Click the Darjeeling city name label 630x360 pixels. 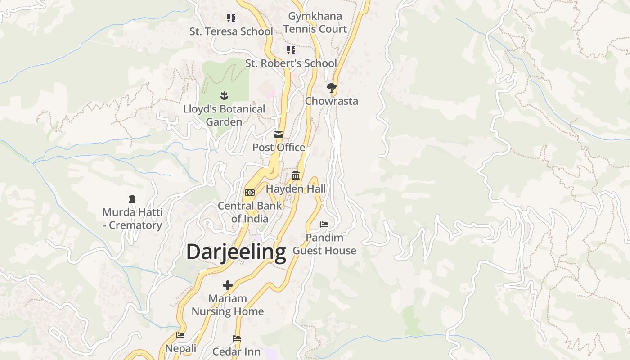[x=236, y=252]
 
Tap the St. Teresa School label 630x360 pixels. [x=231, y=31]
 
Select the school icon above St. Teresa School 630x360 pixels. [x=231, y=18]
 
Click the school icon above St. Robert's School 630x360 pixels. [x=291, y=49]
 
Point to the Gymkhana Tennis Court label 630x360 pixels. [x=315, y=22]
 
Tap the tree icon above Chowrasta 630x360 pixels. [x=332, y=87]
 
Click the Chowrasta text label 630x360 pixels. [x=332, y=101]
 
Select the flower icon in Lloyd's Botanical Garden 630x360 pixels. [x=224, y=95]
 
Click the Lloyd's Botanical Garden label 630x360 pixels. [x=224, y=116]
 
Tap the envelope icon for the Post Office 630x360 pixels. [x=279, y=134]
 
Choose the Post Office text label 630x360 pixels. [x=279, y=148]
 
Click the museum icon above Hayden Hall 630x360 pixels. [x=296, y=175]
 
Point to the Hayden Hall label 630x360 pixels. [x=296, y=189]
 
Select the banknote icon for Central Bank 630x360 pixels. [x=249, y=193]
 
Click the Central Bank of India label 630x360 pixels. [x=250, y=212]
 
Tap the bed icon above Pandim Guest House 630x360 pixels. [x=324, y=224]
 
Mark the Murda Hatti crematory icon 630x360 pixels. [x=132, y=198]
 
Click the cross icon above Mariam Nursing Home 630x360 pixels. [x=228, y=285]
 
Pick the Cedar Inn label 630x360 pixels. [x=236, y=351]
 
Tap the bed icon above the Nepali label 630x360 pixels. [x=180, y=335]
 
